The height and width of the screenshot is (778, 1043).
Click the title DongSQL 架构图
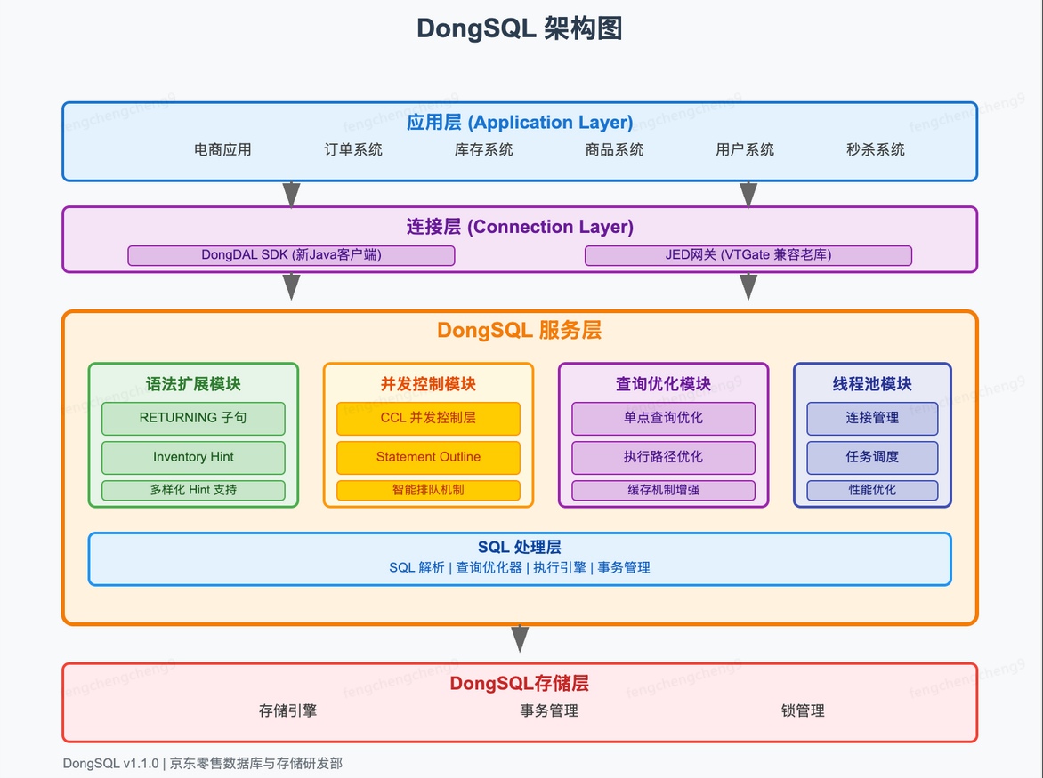520,28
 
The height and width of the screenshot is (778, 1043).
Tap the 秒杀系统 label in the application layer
875,149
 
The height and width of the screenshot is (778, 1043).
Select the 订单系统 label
353,149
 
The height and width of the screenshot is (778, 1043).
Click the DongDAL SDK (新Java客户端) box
291,255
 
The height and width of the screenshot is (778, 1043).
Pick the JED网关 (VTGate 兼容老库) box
748,255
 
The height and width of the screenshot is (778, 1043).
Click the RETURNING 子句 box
193,418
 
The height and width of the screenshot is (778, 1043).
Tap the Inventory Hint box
193,457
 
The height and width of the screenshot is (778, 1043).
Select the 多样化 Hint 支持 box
193,490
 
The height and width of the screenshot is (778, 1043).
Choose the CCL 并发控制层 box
428,418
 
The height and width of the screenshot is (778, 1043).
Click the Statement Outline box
428,457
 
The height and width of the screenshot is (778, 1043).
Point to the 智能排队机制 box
428,490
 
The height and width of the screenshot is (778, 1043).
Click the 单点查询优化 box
663,418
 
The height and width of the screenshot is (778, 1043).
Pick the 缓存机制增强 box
663,490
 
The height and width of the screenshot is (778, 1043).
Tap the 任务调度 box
872,457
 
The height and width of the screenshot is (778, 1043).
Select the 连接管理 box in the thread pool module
872,418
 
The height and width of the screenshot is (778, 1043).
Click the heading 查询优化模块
663,384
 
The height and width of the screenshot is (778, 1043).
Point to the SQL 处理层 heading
520,548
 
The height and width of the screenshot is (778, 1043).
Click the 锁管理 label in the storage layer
803,710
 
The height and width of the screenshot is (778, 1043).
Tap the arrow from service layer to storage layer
520,638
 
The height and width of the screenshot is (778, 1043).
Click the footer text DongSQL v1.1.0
110,763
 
